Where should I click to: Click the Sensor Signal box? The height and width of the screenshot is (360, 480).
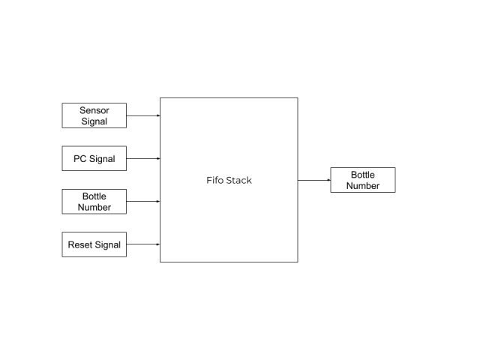pos(94,115)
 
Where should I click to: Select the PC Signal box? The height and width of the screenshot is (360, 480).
pos(94,159)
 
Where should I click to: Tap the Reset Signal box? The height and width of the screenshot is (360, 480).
pos(94,244)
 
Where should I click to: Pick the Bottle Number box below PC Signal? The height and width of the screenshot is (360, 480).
pos(94,202)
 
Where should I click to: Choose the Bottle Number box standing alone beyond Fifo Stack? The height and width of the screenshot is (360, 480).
pos(362,180)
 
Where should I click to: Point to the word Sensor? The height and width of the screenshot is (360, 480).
pos(94,110)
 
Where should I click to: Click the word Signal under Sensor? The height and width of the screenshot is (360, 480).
pos(94,121)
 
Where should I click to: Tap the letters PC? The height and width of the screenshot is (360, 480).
pos(79,159)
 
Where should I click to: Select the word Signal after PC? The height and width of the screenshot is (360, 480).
pos(102,159)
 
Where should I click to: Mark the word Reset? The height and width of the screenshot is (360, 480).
pos(80,245)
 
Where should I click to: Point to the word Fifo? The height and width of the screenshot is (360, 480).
pos(215,180)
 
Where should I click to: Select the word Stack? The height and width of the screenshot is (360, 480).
pos(240,180)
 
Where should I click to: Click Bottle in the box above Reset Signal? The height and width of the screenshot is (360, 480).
pos(94,196)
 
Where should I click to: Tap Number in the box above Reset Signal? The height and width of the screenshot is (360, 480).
pos(94,208)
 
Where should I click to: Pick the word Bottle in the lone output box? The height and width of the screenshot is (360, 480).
pos(363,175)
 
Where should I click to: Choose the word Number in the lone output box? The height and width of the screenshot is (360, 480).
pos(363,186)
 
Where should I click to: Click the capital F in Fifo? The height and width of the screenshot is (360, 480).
pos(208,180)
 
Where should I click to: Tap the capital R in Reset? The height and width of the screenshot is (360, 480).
pos(71,245)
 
